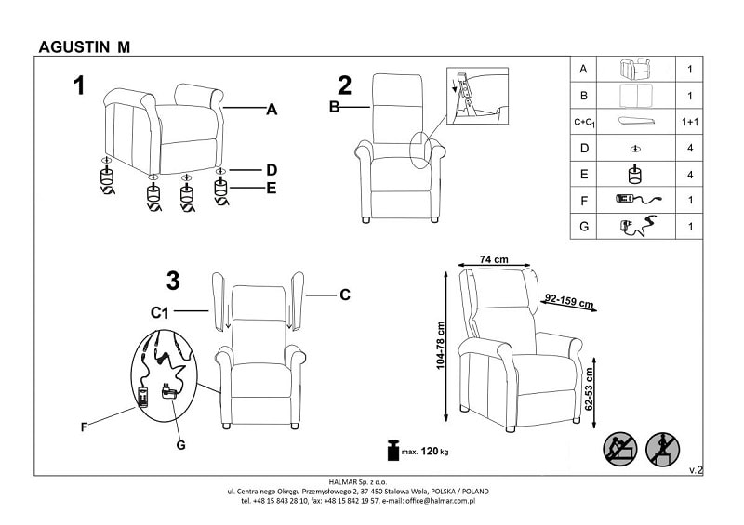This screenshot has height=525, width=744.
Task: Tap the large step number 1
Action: [x=80, y=86]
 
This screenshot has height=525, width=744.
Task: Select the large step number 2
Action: [x=344, y=86]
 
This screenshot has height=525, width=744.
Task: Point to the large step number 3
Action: [x=172, y=280]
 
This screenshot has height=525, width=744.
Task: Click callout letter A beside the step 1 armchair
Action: [x=272, y=110]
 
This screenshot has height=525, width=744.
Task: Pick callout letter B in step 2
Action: [x=335, y=109]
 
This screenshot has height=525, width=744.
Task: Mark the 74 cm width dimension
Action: [x=494, y=260]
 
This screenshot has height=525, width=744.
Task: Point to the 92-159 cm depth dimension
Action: [x=568, y=301]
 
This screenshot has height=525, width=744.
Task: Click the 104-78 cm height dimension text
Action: [x=442, y=345]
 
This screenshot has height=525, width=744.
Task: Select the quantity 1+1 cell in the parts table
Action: [x=689, y=122]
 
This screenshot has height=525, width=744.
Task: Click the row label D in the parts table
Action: [x=583, y=148]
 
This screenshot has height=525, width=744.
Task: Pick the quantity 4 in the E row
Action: [x=689, y=174]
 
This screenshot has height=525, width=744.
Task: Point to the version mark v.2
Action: [x=695, y=471]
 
